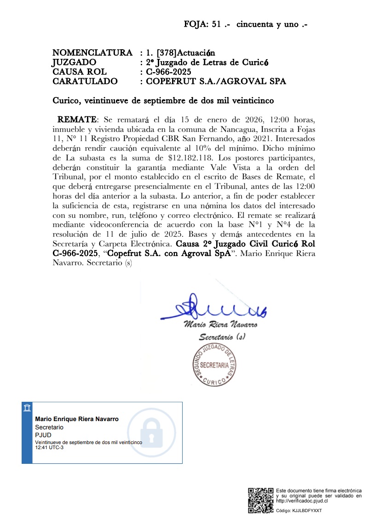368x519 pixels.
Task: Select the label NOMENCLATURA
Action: [x=92, y=53]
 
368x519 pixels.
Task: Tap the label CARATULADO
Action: [x=85, y=81]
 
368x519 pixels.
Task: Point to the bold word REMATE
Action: [x=77, y=120]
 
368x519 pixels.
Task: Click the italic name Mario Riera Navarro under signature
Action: [x=220, y=325]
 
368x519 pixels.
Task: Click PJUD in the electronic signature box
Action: [x=43, y=434]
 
